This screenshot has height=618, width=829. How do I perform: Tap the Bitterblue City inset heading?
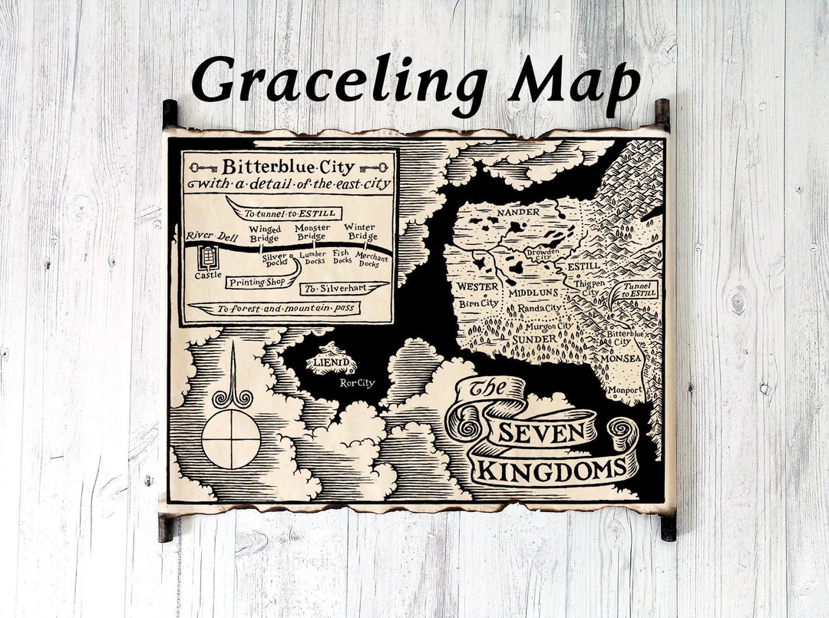pos(289,167)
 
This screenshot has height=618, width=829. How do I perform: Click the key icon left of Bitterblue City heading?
pos(201,167)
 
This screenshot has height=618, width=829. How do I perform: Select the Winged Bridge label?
pos(265,234)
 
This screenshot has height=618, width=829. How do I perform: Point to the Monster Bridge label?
pos(312,232)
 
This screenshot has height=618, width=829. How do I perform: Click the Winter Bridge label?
pos(360,232)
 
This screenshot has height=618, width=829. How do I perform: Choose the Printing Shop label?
pos(256,283)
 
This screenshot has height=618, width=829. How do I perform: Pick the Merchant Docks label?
pos(372,260)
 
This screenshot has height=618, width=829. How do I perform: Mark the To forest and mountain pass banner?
pos(276,309)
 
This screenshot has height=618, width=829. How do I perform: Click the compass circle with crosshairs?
pos(231,439)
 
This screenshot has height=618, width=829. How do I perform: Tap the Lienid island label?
pos(331,362)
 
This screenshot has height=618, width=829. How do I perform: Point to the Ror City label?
pos(358,382)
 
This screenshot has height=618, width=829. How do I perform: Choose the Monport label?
pos(625,389)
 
